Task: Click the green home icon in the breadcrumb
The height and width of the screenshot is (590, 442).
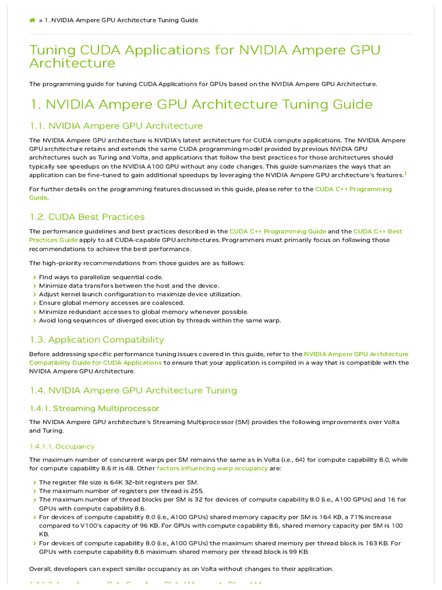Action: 32,20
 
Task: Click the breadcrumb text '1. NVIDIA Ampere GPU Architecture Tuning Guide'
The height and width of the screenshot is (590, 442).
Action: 121,20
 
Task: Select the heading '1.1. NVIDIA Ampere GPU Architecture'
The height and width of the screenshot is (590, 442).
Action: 116,126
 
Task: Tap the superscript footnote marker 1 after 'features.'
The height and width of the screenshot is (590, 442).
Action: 405,173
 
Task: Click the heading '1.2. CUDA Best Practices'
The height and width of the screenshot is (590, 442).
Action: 87,217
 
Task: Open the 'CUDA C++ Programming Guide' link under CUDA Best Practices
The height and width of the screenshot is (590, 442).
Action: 277,232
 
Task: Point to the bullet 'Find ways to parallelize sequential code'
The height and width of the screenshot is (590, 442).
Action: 101,277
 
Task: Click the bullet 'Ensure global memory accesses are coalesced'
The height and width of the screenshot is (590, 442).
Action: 112,303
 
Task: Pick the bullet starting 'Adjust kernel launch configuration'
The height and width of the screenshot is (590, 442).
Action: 140,294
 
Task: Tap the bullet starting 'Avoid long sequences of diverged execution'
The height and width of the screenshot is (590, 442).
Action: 160,320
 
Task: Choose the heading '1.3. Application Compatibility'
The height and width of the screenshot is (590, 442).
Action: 97,339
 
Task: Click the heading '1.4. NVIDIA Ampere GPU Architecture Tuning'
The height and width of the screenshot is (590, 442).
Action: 133,391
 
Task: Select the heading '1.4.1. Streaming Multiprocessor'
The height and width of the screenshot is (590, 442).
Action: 94,409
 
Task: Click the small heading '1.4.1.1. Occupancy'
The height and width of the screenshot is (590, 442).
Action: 62,447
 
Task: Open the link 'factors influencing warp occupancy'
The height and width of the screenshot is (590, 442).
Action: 212,468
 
